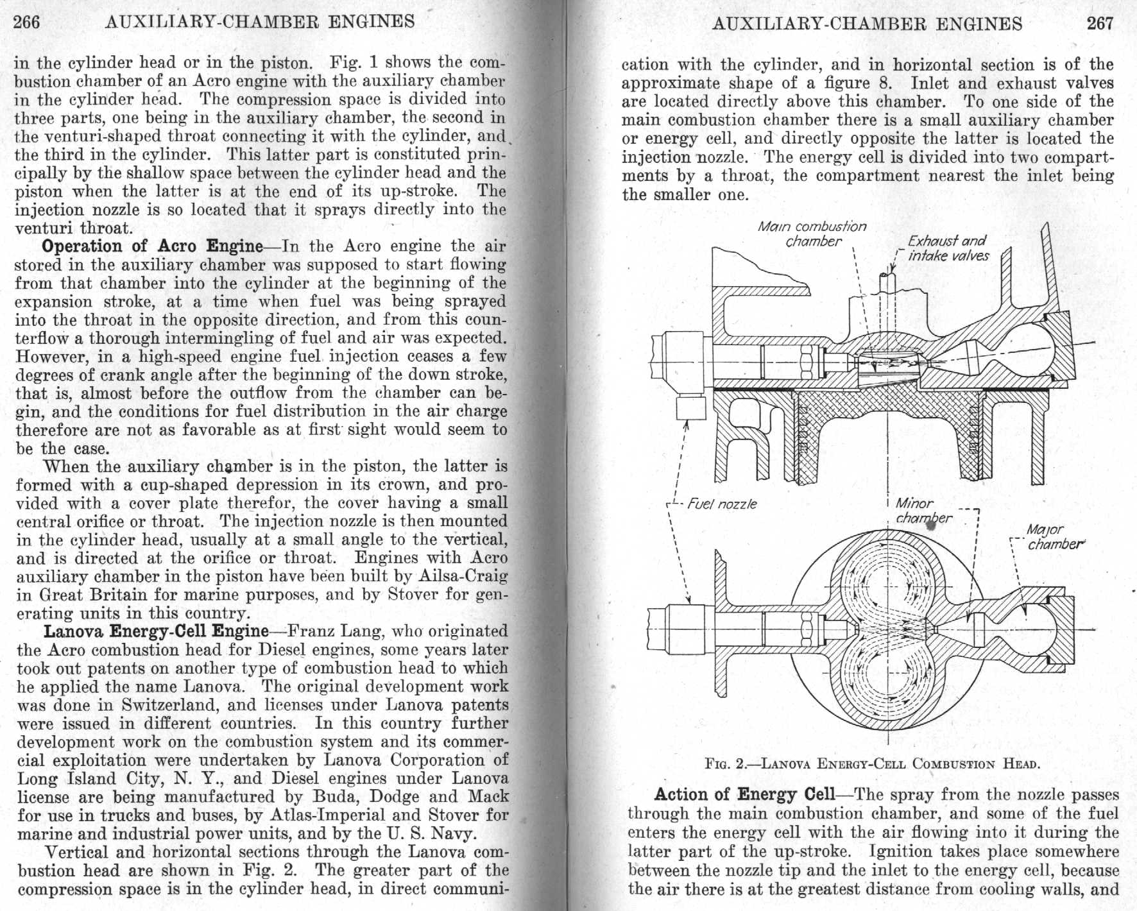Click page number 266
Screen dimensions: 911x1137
point(27,22)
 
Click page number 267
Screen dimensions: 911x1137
point(1100,24)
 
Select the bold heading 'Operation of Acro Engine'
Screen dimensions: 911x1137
point(152,246)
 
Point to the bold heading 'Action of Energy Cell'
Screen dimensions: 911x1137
point(744,794)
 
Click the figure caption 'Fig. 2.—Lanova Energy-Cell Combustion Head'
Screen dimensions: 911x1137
point(871,763)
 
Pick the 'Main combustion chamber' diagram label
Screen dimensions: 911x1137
point(812,234)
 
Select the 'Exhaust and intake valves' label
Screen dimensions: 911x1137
point(948,248)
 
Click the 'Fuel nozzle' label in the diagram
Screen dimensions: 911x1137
point(722,504)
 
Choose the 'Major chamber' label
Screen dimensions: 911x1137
point(1048,537)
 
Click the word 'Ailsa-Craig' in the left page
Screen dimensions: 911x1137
point(459,576)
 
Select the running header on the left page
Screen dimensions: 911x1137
point(259,22)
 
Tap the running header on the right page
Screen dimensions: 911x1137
point(867,24)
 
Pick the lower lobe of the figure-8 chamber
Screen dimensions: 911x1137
point(887,681)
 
